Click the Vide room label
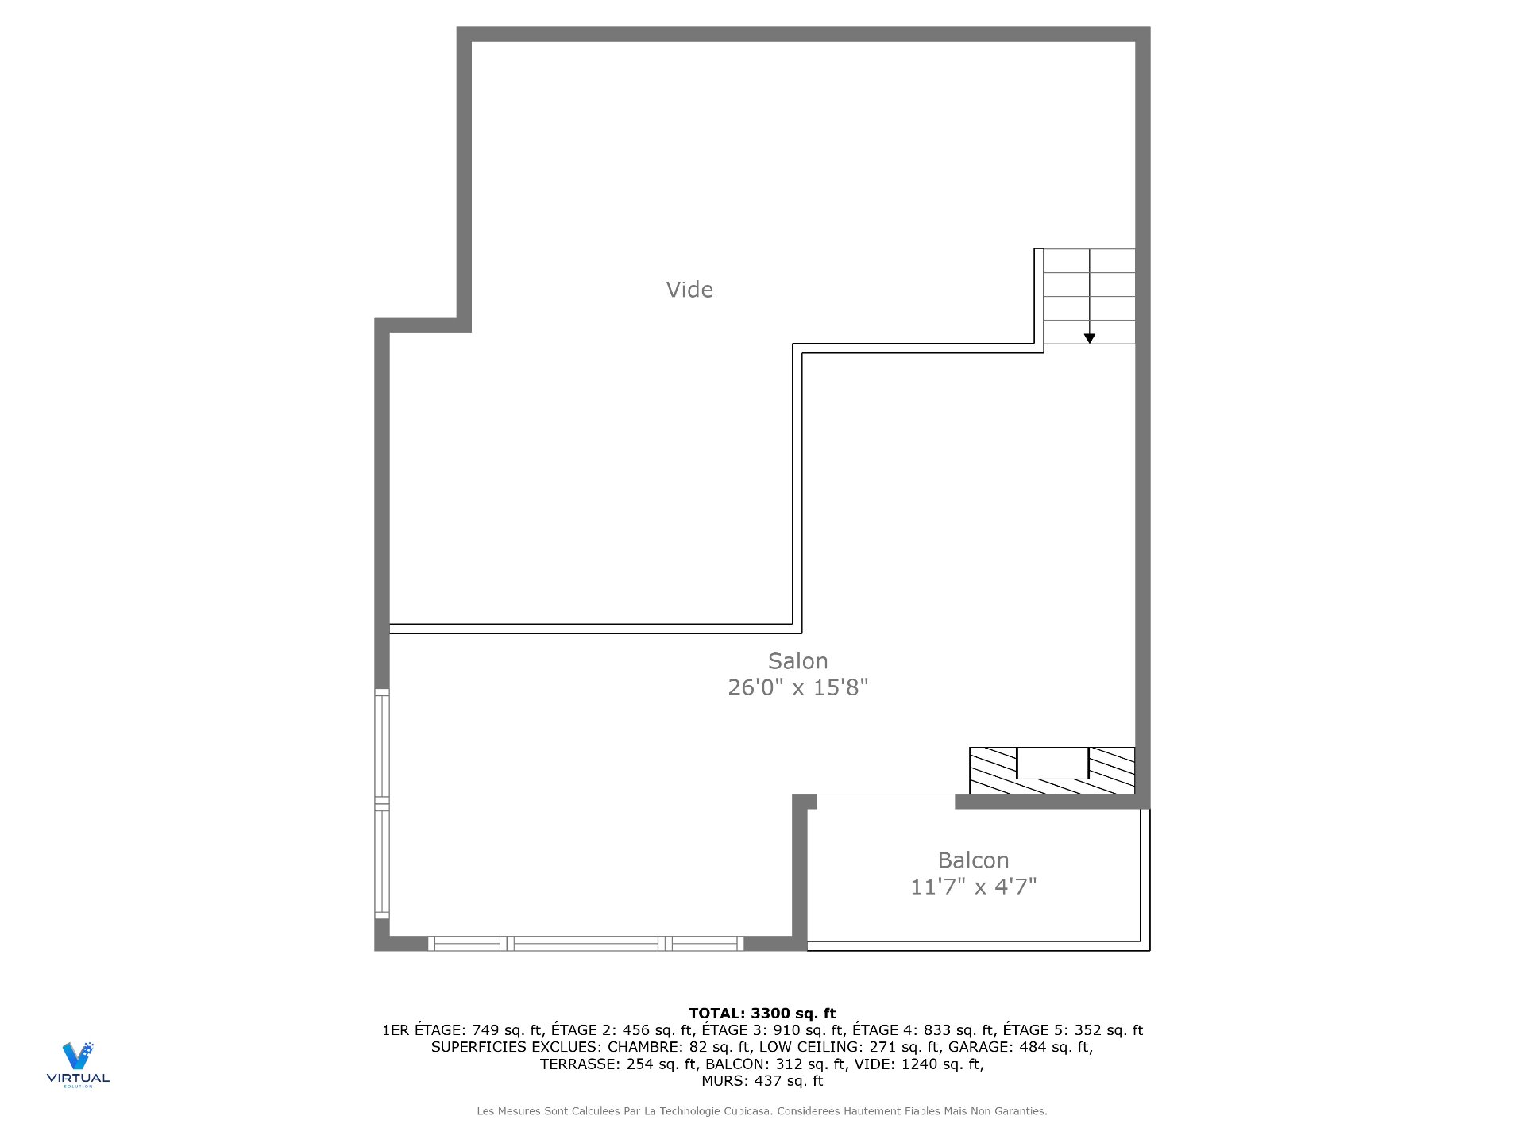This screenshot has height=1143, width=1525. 689,291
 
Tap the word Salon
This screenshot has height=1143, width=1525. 797,661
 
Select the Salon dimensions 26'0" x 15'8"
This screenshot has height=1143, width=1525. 797,687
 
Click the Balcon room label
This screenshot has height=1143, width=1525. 973,860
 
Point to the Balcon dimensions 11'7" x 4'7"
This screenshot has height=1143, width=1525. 973,887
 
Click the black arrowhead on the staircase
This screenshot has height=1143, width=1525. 1090,338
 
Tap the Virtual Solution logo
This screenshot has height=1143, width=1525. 78,1064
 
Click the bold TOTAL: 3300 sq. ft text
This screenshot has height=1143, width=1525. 762,1013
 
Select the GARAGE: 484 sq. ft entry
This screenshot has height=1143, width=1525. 1019,1047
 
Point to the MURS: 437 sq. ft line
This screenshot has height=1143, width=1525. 762,1081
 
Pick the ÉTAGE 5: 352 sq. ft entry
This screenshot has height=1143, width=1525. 1072,1030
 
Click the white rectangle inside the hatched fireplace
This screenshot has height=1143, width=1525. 1052,763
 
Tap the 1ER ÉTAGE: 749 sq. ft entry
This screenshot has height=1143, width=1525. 463,1030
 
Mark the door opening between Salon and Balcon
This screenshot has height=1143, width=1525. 886,802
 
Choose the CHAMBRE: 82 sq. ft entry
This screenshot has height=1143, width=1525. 679,1047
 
